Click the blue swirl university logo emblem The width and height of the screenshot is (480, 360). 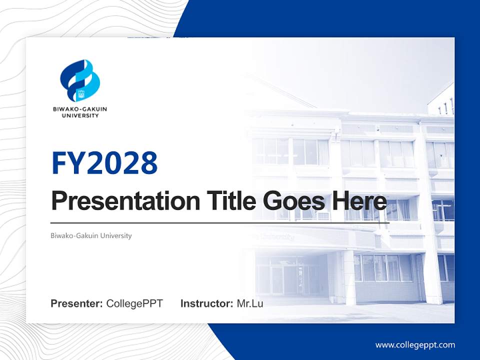click(x=80, y=80)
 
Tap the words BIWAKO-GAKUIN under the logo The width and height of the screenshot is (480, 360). click(x=80, y=109)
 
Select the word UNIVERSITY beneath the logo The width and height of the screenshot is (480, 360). click(x=80, y=115)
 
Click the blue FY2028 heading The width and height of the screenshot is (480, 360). click(x=104, y=163)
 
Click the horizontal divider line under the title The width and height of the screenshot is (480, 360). click(x=220, y=222)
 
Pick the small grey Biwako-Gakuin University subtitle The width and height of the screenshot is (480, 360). click(x=91, y=235)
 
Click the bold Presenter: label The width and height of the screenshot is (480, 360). click(x=77, y=303)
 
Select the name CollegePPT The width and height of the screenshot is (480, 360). click(x=134, y=303)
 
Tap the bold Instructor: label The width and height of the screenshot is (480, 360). click(x=206, y=303)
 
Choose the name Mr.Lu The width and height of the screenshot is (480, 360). click(x=250, y=303)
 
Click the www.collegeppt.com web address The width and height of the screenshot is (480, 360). click(x=415, y=345)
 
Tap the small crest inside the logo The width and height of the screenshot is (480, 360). click(x=81, y=92)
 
